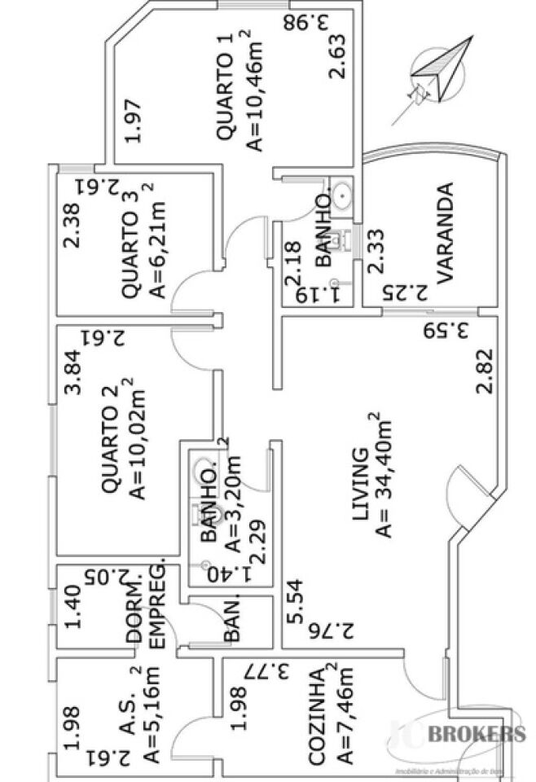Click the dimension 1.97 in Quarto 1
tap(134, 120)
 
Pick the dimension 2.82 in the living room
tap(485, 371)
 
